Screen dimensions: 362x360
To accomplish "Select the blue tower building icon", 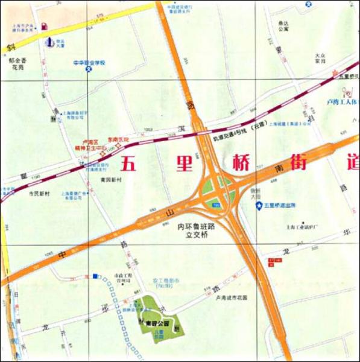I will tap(50, 42).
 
